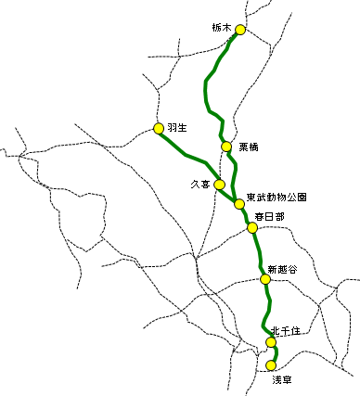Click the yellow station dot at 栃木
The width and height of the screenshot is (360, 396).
pyautogui.click(x=240, y=30)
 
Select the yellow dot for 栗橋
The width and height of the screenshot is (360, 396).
pyautogui.click(x=226, y=147)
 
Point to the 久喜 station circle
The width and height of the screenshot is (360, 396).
pyautogui.click(x=220, y=185)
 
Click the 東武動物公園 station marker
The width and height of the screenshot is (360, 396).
pyautogui.click(x=239, y=204)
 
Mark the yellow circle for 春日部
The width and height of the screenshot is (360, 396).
pyautogui.click(x=252, y=227)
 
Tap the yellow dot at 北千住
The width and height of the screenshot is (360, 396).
pyautogui.click(x=271, y=342)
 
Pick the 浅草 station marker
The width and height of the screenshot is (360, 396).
pyautogui.click(x=271, y=365)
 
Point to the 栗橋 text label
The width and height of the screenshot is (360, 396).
pyautogui.click(x=249, y=147)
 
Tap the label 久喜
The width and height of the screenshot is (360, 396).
pyautogui.click(x=199, y=185)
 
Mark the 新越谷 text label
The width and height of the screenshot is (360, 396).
pyautogui.click(x=282, y=269)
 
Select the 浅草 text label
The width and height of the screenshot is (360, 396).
pyautogui.click(x=281, y=379)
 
